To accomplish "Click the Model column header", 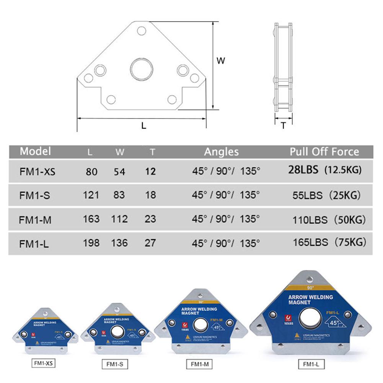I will [x=35, y=151].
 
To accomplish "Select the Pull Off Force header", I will [x=324, y=152].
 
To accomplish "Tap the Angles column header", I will [x=221, y=152].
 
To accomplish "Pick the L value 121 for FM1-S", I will [x=91, y=195].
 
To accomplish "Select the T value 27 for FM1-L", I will [x=151, y=243].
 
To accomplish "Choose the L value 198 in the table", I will [x=91, y=243].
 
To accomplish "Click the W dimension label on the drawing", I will [x=221, y=60].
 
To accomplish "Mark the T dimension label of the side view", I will [x=283, y=125].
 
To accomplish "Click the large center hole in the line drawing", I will [x=141, y=69].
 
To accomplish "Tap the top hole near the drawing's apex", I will [x=142, y=31].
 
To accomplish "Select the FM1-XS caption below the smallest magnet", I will [x=42, y=363].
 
